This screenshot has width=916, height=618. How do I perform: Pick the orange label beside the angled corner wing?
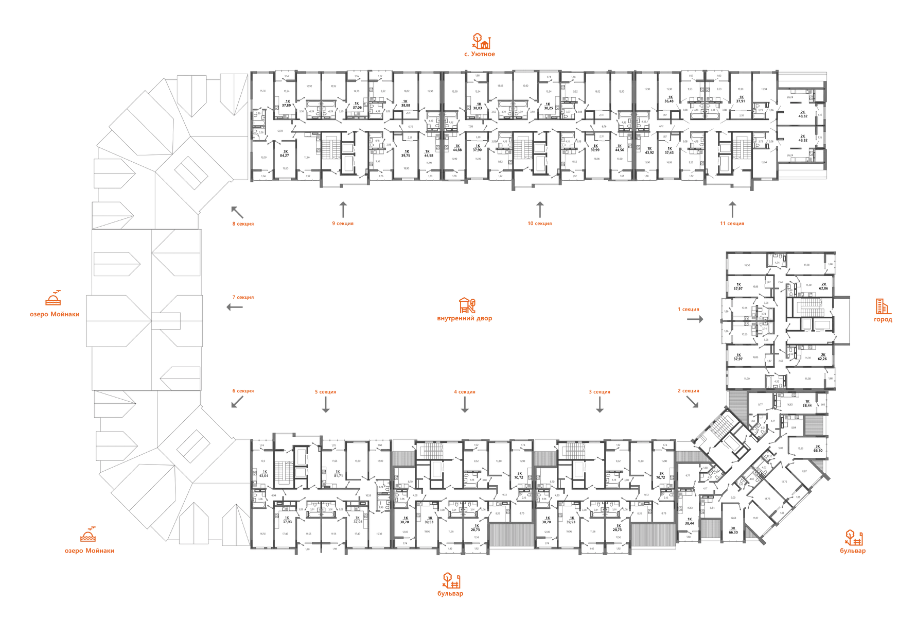coord(853,543)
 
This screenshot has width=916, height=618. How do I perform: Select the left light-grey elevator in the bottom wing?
coord(436,470)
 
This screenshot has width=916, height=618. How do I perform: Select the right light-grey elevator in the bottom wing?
coord(579,470)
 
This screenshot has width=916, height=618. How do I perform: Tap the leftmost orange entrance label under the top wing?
coord(242,224)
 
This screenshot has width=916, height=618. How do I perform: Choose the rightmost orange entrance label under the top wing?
coord(731,224)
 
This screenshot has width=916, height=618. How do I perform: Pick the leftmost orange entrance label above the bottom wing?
coord(242,391)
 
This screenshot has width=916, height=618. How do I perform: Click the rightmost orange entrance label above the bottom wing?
coord(688,391)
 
